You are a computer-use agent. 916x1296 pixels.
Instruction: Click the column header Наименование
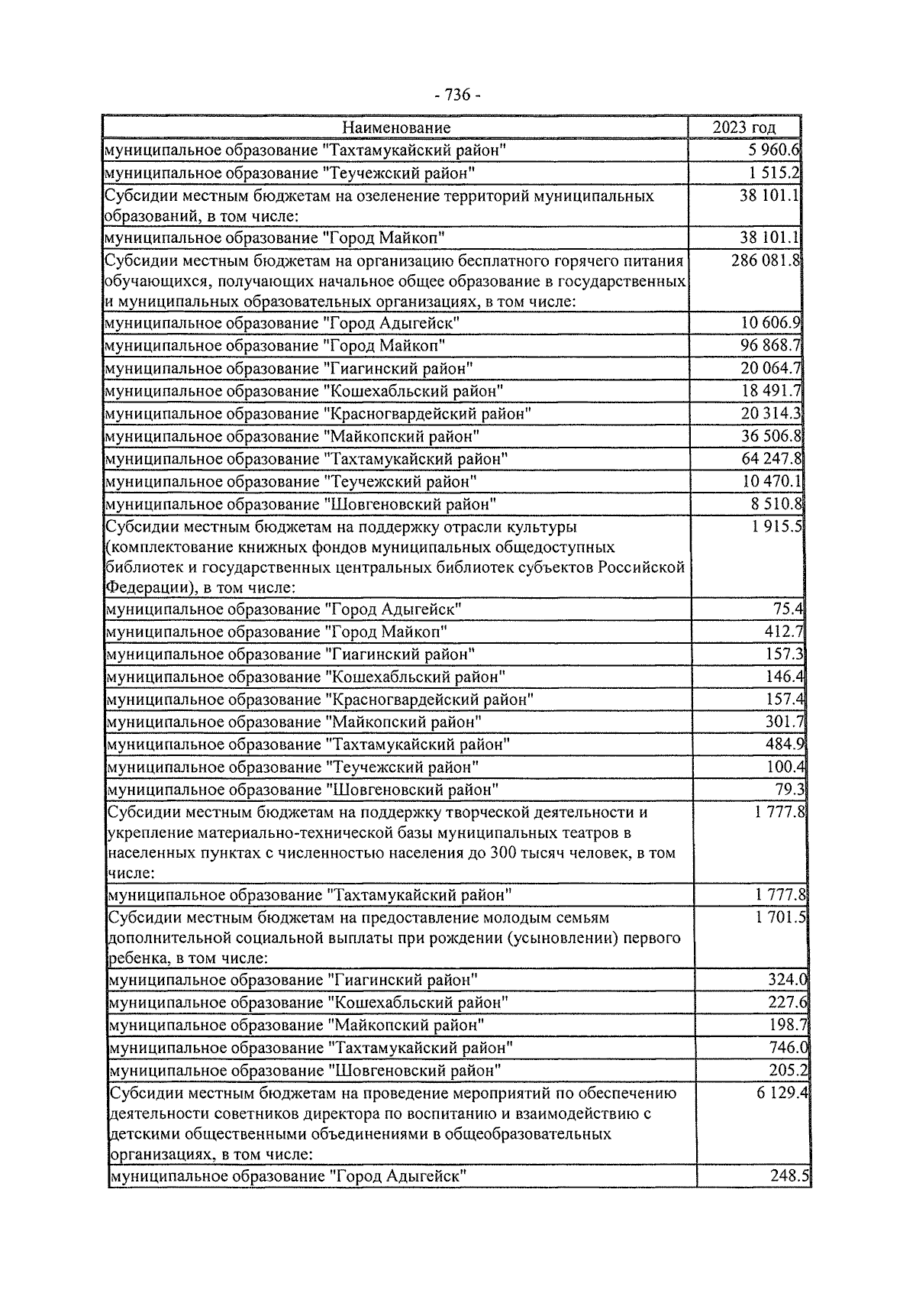[395, 128]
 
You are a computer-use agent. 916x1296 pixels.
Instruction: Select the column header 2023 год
[744, 128]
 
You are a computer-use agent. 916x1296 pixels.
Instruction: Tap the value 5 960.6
[773, 150]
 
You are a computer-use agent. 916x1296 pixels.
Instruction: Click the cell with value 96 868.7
[770, 345]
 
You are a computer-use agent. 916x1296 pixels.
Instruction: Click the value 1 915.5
[776, 527]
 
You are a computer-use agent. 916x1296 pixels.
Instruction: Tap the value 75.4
[789, 609]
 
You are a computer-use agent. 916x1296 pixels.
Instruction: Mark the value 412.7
[785, 632]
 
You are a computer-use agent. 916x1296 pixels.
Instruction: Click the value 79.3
[792, 789]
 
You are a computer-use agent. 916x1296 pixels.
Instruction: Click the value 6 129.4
[782, 1093]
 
